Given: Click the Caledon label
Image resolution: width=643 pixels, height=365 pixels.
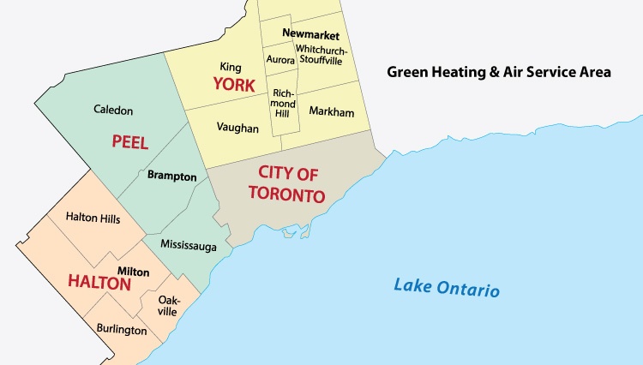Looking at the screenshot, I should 114,111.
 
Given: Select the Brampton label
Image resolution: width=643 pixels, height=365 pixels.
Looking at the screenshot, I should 171,177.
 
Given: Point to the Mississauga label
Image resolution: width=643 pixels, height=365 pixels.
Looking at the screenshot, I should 188,246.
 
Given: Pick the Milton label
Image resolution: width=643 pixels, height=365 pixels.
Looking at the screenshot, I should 133,272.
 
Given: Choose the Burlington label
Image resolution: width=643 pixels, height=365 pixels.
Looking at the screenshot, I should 121,330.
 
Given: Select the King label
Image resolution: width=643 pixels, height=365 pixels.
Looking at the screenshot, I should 230,67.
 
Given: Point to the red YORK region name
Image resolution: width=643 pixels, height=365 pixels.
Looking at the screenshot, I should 235,86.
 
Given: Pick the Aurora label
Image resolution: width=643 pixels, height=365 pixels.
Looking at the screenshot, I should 279,61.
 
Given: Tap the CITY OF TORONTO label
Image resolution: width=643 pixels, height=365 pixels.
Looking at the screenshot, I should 288,183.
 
